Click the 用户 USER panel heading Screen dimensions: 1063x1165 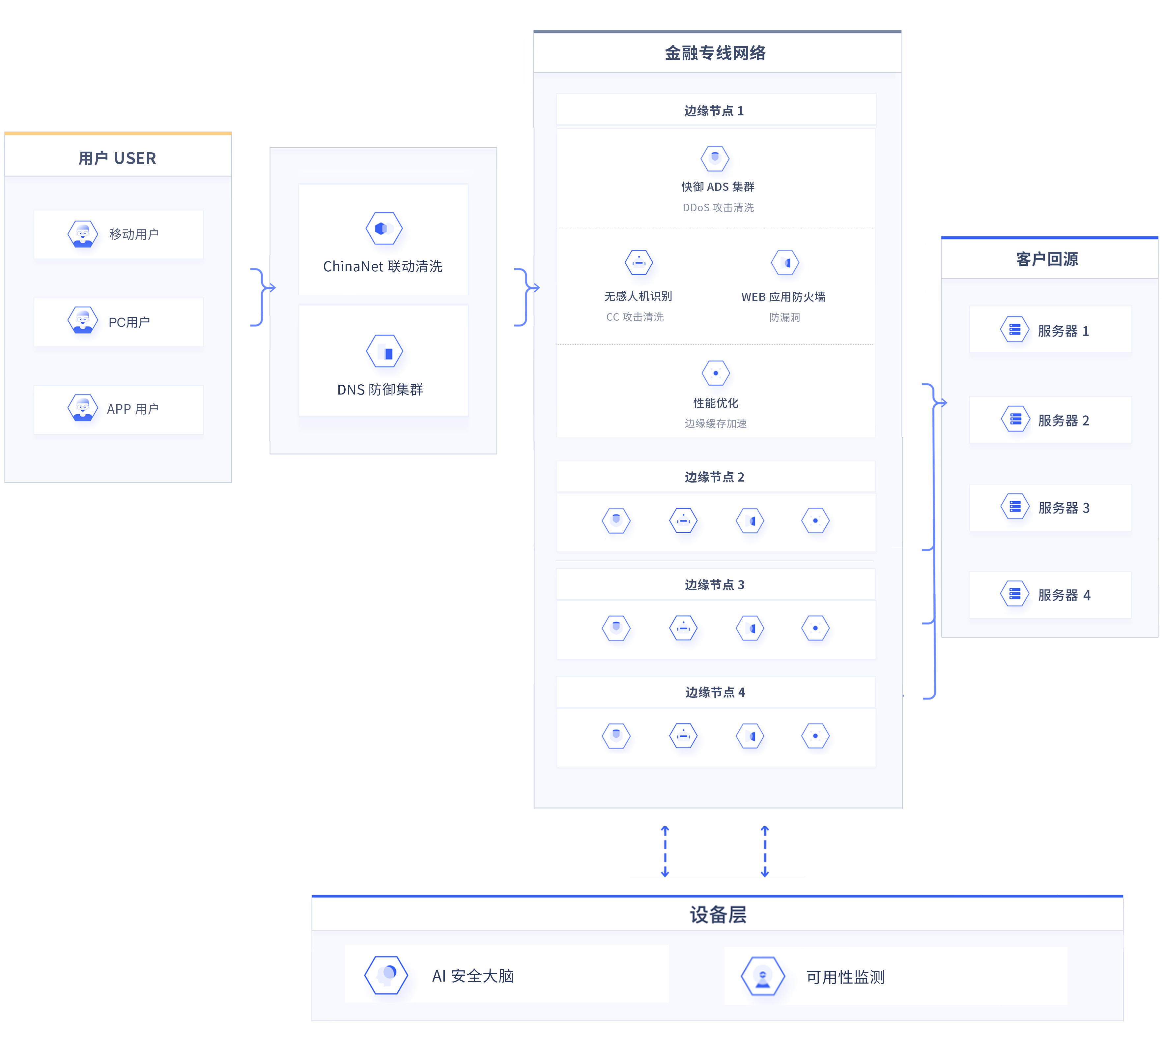point(117,158)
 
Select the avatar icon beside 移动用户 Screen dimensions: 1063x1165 point(83,234)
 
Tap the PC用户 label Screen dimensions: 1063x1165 point(129,322)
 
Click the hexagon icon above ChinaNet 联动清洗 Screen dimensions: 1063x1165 point(384,228)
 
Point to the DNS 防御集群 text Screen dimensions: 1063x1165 point(380,390)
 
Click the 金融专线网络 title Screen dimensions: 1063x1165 point(715,53)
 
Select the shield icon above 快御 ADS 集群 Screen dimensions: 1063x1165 point(715,158)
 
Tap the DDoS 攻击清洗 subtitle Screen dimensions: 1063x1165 point(718,208)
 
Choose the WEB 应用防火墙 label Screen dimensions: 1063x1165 point(783,297)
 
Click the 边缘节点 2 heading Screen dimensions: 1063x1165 point(715,477)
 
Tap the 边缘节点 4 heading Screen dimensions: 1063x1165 point(715,692)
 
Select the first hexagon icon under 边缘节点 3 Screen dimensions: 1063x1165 point(616,628)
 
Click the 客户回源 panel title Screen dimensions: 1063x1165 point(1047,259)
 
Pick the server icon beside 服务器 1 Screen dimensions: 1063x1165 point(1014,330)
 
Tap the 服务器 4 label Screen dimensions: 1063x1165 point(1064,595)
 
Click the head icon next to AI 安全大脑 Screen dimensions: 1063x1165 point(386,975)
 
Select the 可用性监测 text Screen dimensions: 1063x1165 point(845,977)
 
